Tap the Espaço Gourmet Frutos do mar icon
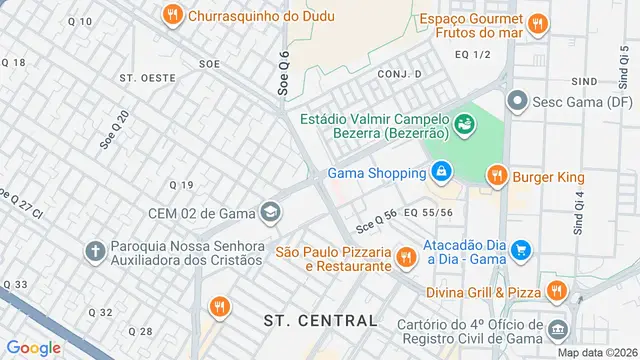[538, 22]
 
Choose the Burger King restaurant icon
[497, 177]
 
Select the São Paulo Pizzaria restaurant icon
[405, 258]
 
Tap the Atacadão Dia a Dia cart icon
[520, 249]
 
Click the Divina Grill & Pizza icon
[557, 291]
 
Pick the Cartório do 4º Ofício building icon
[557, 327]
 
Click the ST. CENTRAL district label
[320, 320]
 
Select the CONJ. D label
[399, 74]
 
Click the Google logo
[33, 347]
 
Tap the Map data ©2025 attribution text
[596, 352]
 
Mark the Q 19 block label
[181, 185]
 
